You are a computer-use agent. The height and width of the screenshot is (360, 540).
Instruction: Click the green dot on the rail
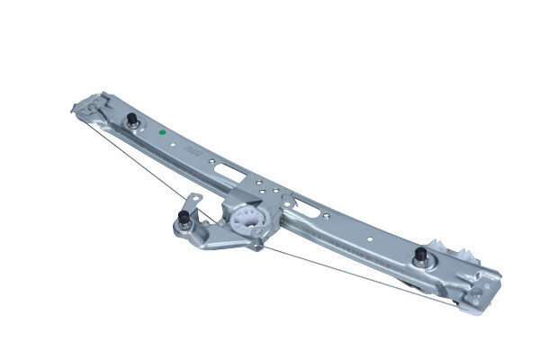(162, 132)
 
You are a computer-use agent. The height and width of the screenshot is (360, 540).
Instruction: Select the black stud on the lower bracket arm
(184, 219)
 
